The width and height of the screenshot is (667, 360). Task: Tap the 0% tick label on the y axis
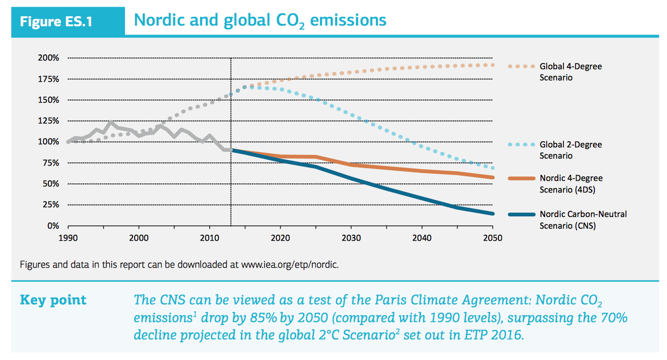53,225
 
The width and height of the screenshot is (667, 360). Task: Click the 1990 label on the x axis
68,238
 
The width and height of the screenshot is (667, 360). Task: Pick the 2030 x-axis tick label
351,238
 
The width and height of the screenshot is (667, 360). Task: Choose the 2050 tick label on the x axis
492,238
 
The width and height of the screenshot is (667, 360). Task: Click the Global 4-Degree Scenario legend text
570,72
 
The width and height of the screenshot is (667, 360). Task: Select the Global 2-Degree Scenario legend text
570,150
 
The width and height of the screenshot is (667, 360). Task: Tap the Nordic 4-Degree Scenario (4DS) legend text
571,184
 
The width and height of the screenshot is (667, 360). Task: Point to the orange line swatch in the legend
521,178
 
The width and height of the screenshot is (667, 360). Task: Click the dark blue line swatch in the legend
521,214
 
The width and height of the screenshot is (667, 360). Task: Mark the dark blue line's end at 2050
492,213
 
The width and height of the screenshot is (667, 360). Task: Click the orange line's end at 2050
492,177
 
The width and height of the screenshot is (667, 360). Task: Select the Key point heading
53,300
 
